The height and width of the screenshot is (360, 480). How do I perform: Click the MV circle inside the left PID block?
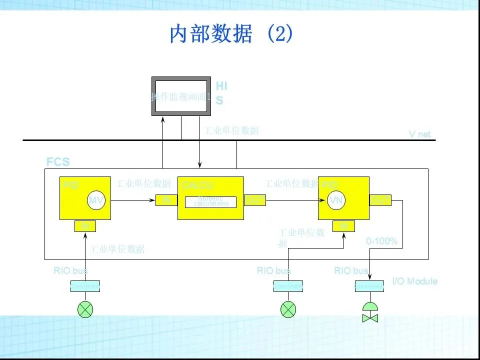[96, 200]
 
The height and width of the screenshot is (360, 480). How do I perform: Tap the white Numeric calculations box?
[210, 202]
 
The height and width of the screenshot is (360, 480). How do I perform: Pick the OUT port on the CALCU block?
[254, 200]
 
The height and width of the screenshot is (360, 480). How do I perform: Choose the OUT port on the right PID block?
[380, 200]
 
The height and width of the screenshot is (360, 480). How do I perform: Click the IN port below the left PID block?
[85, 226]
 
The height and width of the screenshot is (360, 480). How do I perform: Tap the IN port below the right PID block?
[344, 226]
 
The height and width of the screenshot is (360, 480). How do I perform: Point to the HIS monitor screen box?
[181, 96]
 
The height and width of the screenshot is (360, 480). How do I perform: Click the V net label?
[419, 134]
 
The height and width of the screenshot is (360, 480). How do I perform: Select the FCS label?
[58, 162]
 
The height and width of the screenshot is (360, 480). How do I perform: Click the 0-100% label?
[382, 241]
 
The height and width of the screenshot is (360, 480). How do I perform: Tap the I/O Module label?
[414, 281]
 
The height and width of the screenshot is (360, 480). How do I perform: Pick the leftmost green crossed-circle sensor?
[85, 309]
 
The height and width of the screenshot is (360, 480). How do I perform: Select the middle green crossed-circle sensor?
[288, 309]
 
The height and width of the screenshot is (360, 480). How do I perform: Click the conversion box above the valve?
[369, 286]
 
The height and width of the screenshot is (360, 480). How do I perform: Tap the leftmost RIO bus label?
[70, 271]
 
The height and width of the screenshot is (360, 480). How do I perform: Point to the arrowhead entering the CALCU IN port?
[153, 200]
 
